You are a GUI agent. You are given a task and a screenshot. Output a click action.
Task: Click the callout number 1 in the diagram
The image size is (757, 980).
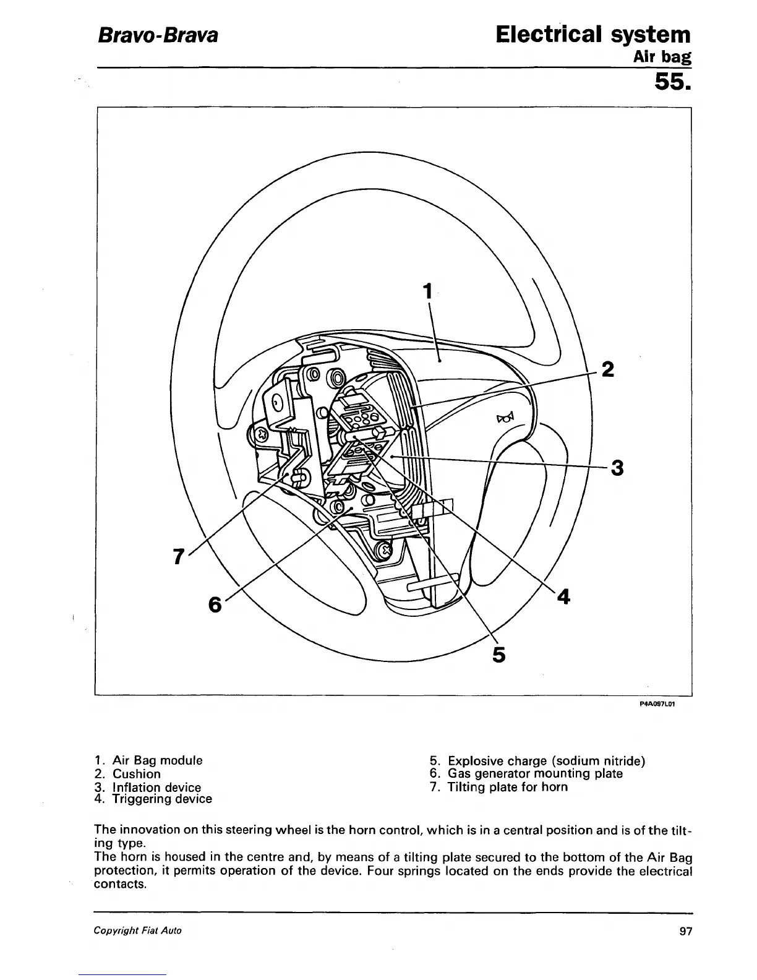tap(427, 291)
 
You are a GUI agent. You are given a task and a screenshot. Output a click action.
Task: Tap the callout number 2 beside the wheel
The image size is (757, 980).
tap(608, 369)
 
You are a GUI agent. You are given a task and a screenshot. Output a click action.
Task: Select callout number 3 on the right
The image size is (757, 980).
tap(616, 468)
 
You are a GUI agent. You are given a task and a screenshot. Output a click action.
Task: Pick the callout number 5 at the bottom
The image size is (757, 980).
tap(499, 654)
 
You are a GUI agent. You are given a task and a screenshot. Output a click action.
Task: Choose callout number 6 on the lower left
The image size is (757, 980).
tap(215, 604)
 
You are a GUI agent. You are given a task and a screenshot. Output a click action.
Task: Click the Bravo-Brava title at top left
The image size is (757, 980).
tap(156, 35)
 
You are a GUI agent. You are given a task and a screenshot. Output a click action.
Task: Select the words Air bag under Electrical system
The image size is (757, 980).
tap(661, 58)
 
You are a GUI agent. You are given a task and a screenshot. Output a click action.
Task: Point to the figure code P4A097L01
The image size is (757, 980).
tap(657, 703)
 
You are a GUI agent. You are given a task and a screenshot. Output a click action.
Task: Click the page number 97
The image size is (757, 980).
tap(685, 931)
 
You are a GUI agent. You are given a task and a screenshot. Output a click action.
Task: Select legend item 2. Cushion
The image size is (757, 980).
tap(128, 773)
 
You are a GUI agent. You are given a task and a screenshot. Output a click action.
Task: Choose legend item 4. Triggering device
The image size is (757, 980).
tap(153, 799)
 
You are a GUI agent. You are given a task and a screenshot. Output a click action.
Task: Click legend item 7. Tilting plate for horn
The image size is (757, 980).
tap(498, 787)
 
